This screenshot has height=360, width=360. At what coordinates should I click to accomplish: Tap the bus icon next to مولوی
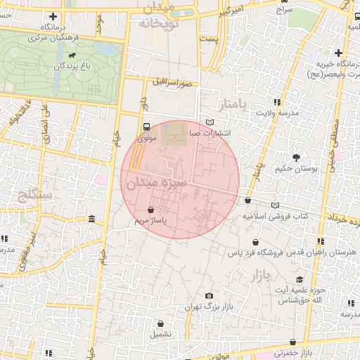tap(146, 127)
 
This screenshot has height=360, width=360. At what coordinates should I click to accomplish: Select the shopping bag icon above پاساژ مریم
tap(151, 210)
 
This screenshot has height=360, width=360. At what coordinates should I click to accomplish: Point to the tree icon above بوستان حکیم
tap(296, 157)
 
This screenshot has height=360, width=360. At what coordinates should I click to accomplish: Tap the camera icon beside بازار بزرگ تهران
tap(209, 296)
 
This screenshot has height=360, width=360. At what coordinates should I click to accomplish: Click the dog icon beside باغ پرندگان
tap(72, 55)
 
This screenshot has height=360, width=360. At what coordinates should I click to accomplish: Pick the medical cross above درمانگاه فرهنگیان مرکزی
tap(53, 16)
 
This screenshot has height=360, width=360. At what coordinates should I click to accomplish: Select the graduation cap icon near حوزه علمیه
tap(300, 279)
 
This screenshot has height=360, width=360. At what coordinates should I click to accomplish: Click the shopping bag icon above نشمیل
tap(162, 324)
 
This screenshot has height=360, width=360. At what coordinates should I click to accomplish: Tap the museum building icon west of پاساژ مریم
tap(94, 221)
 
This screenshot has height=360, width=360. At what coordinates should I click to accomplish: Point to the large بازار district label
tap(259, 276)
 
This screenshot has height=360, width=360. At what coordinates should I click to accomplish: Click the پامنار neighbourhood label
tap(234, 105)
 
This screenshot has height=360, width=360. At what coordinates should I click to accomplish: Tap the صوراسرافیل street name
tap(175, 83)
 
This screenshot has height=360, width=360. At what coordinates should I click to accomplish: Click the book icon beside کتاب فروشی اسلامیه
tap(274, 205)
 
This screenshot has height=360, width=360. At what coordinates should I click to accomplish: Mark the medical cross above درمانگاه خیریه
tap(338, 53)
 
